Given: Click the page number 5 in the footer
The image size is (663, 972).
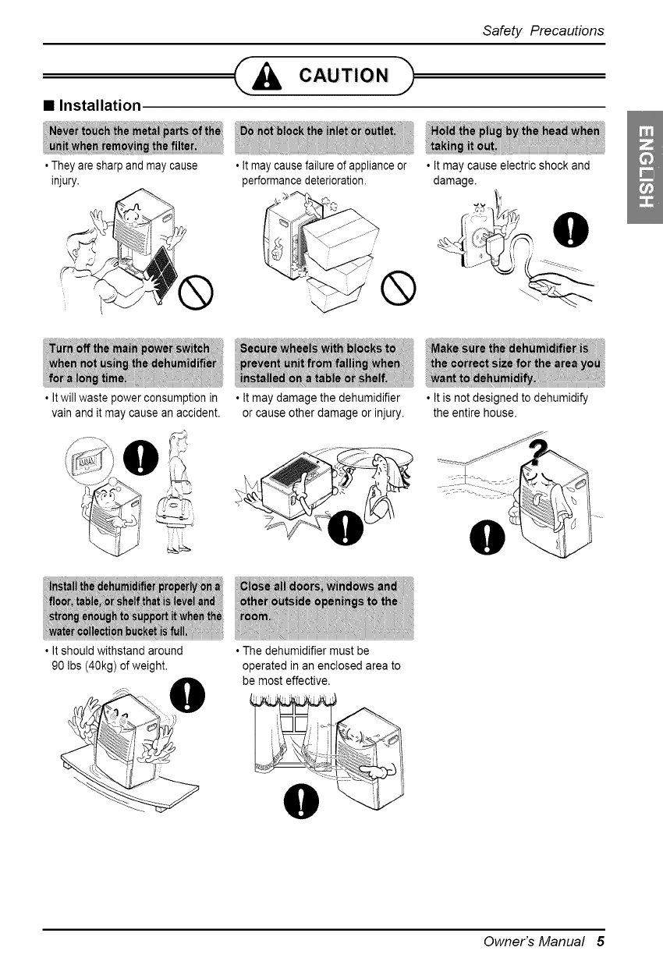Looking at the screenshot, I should click(x=600, y=941).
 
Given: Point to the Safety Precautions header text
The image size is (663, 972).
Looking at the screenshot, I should click(x=543, y=30).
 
